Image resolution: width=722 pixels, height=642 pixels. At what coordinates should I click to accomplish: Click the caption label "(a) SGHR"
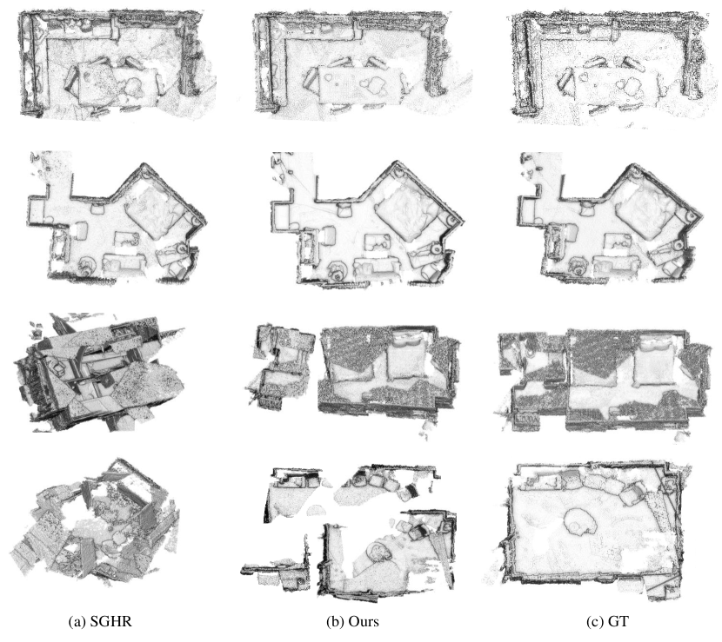click(100, 622)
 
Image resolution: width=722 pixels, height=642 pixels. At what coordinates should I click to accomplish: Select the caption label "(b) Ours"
click(352, 622)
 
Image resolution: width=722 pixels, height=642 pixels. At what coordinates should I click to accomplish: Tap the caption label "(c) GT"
click(607, 622)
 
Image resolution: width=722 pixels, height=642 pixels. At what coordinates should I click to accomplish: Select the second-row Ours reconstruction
click(366, 220)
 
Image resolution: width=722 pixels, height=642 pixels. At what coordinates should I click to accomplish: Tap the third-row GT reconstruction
click(601, 380)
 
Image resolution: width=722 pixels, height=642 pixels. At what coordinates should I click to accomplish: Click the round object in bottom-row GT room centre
click(580, 521)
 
